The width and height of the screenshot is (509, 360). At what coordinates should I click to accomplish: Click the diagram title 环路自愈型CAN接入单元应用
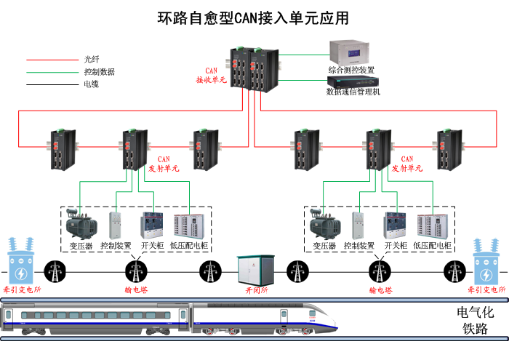[253, 17]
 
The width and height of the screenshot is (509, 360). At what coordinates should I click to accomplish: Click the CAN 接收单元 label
[211, 76]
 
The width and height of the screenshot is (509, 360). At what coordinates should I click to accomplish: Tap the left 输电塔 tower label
[136, 290]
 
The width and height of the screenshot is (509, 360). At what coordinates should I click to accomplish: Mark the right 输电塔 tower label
[380, 290]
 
